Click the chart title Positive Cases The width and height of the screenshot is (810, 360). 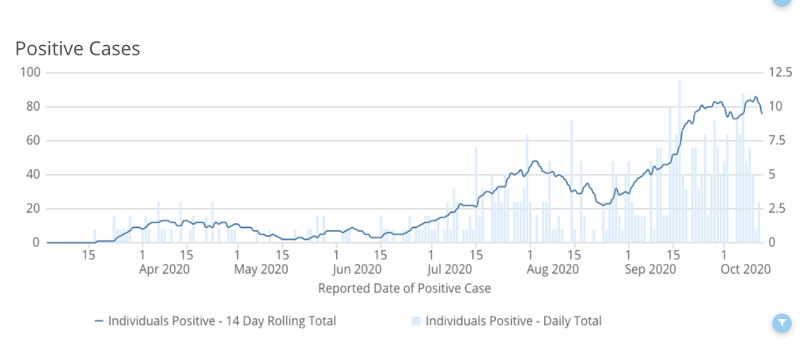pos(78,49)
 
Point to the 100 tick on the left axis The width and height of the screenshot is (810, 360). pos(31,73)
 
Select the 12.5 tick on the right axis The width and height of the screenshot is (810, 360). pos(779,73)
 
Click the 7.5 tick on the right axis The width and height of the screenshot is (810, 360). pos(777,141)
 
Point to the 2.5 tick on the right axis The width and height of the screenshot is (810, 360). pos(777,209)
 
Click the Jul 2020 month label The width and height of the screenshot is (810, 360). pos(453,270)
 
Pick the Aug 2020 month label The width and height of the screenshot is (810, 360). pos(553,270)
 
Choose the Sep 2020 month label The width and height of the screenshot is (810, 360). pos(649,270)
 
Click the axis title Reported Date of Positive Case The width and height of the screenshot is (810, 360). pos(404,289)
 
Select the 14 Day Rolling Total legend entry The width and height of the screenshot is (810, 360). pos(215,321)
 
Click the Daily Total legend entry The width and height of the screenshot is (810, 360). pos(506,321)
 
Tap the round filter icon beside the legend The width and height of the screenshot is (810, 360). pos(781,322)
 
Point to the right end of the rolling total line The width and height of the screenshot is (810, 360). pos(763,114)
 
